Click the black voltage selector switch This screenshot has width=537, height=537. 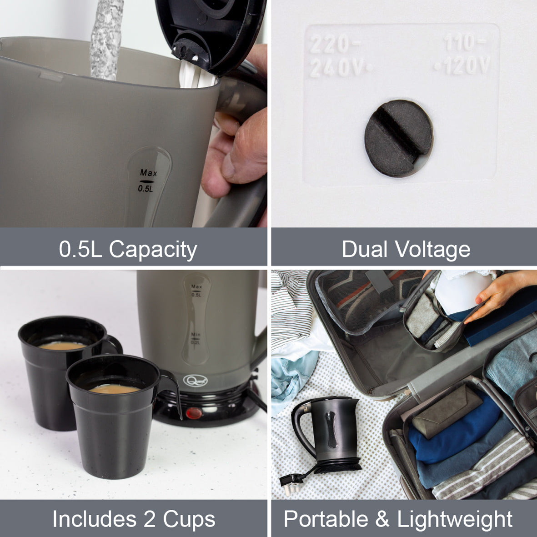[x=398, y=138]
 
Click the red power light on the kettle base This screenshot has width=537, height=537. [x=193, y=413]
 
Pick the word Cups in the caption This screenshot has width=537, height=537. [x=189, y=519]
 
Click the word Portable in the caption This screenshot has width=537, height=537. [x=326, y=519]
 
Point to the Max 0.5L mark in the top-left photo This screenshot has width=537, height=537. [x=148, y=181]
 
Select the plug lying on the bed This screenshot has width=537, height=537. [x=291, y=479]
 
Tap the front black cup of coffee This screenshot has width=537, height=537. [x=114, y=418]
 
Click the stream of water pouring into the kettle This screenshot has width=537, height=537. [x=106, y=39]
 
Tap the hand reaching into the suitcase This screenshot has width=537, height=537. [x=498, y=291]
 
